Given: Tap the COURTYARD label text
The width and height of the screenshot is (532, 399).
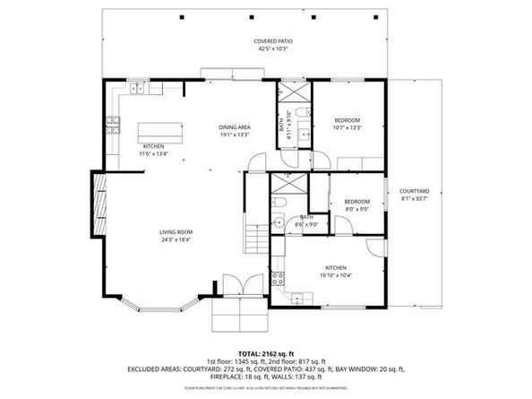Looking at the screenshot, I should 415,191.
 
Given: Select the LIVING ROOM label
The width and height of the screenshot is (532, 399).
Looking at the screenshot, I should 176,232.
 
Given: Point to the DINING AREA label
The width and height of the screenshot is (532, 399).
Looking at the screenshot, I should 235,127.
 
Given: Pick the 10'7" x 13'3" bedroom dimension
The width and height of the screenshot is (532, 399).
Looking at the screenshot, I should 348,127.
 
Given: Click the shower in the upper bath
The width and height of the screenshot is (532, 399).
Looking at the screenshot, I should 293,92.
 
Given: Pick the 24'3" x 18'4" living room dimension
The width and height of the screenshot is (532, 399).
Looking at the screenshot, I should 176,239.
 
